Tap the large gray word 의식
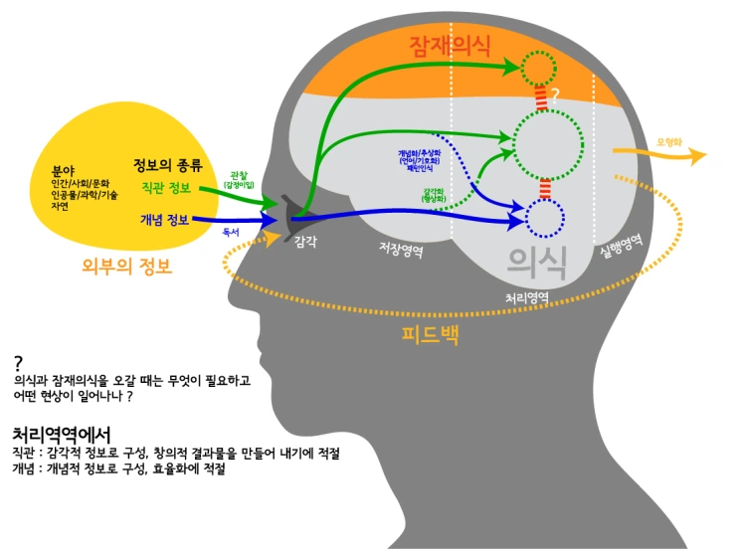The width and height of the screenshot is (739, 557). [537, 263]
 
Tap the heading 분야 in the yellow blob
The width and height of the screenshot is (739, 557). [63, 170]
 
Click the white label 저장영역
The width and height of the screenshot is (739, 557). [401, 251]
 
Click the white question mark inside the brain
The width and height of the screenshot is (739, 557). [556, 94]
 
